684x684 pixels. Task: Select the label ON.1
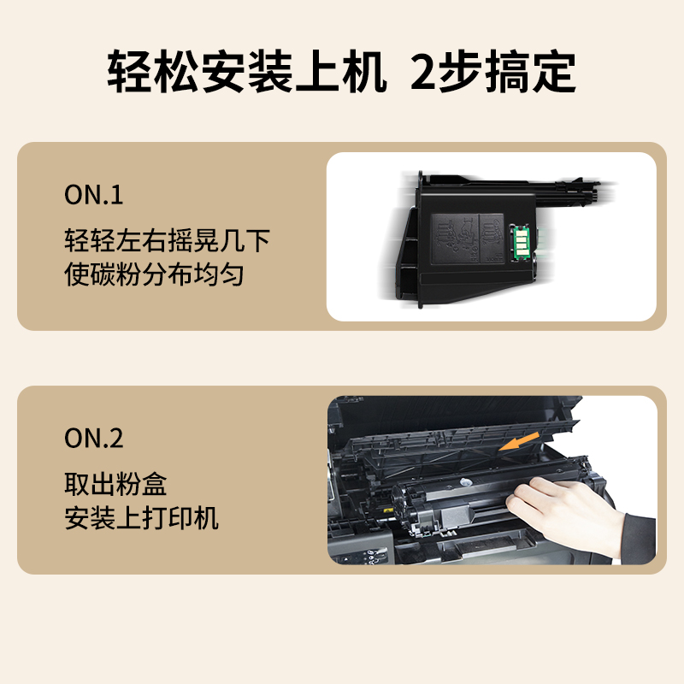tap(94, 195)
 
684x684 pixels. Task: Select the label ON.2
tap(94, 439)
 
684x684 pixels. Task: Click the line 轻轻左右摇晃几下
tap(168, 240)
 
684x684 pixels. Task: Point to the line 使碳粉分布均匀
tap(155, 274)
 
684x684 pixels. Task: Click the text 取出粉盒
tap(115, 484)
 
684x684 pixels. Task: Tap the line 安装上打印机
tap(142, 517)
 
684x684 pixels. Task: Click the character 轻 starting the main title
tap(129, 73)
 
